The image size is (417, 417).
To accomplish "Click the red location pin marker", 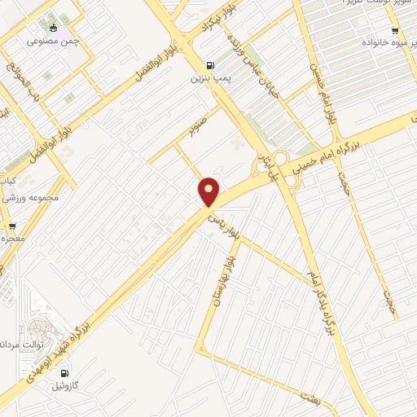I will click(209, 192).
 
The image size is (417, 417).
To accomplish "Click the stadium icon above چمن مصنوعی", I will click(55, 26).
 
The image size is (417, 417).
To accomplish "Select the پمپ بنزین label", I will click(206, 79).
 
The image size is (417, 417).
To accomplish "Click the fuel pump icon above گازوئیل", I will click(64, 374).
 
